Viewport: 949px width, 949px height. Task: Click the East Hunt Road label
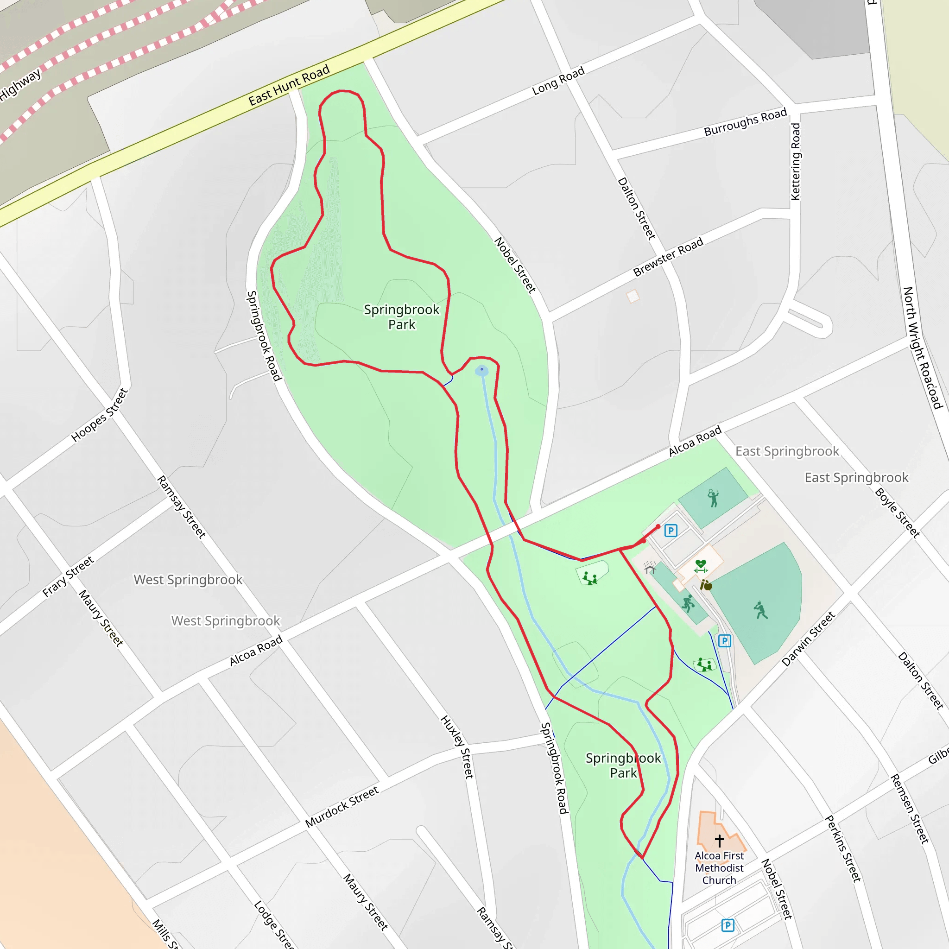click(288, 85)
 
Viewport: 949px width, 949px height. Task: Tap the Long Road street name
click(558, 81)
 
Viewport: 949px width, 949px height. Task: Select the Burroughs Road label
click(745, 122)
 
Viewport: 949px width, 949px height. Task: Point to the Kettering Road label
click(795, 162)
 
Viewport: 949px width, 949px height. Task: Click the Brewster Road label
click(668, 257)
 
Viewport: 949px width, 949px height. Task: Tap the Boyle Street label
click(897, 512)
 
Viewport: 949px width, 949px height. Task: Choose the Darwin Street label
click(808, 639)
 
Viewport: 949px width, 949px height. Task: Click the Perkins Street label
click(843, 848)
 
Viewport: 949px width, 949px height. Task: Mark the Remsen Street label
click(910, 809)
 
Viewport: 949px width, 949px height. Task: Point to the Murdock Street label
click(342, 807)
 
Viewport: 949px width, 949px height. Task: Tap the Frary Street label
click(68, 576)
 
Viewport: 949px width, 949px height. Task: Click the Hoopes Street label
click(99, 415)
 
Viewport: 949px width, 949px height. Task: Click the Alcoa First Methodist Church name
click(719, 868)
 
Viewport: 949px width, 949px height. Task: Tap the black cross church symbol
click(720, 841)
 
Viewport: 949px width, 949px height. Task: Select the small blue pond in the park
click(482, 370)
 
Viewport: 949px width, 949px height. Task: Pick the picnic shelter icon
click(650, 568)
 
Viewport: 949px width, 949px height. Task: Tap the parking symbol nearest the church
click(728, 925)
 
